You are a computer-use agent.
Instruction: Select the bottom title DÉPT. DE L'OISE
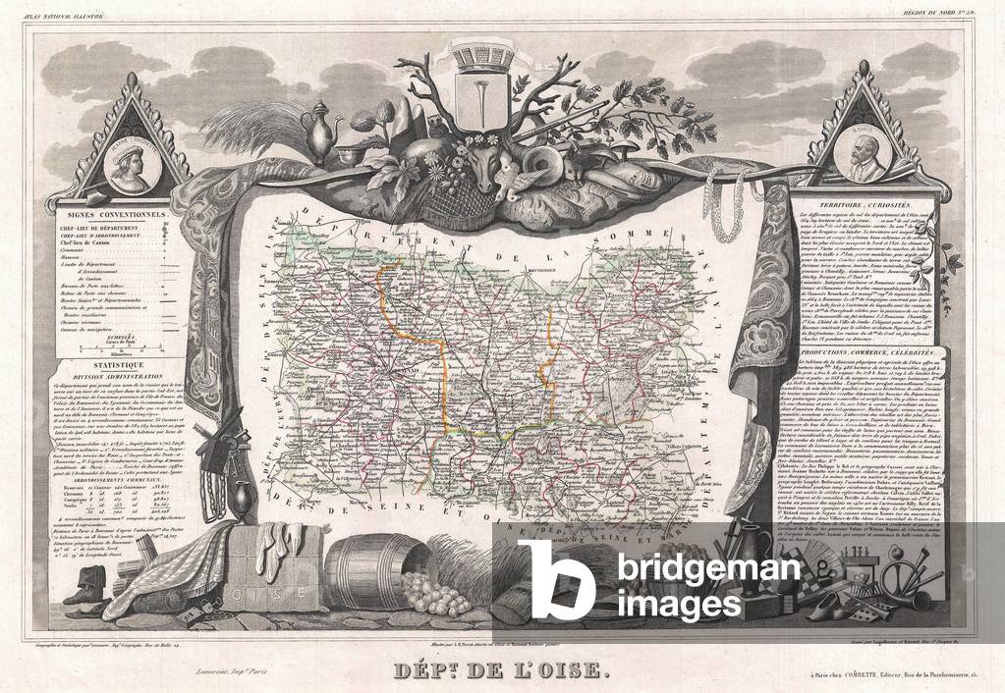502,674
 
